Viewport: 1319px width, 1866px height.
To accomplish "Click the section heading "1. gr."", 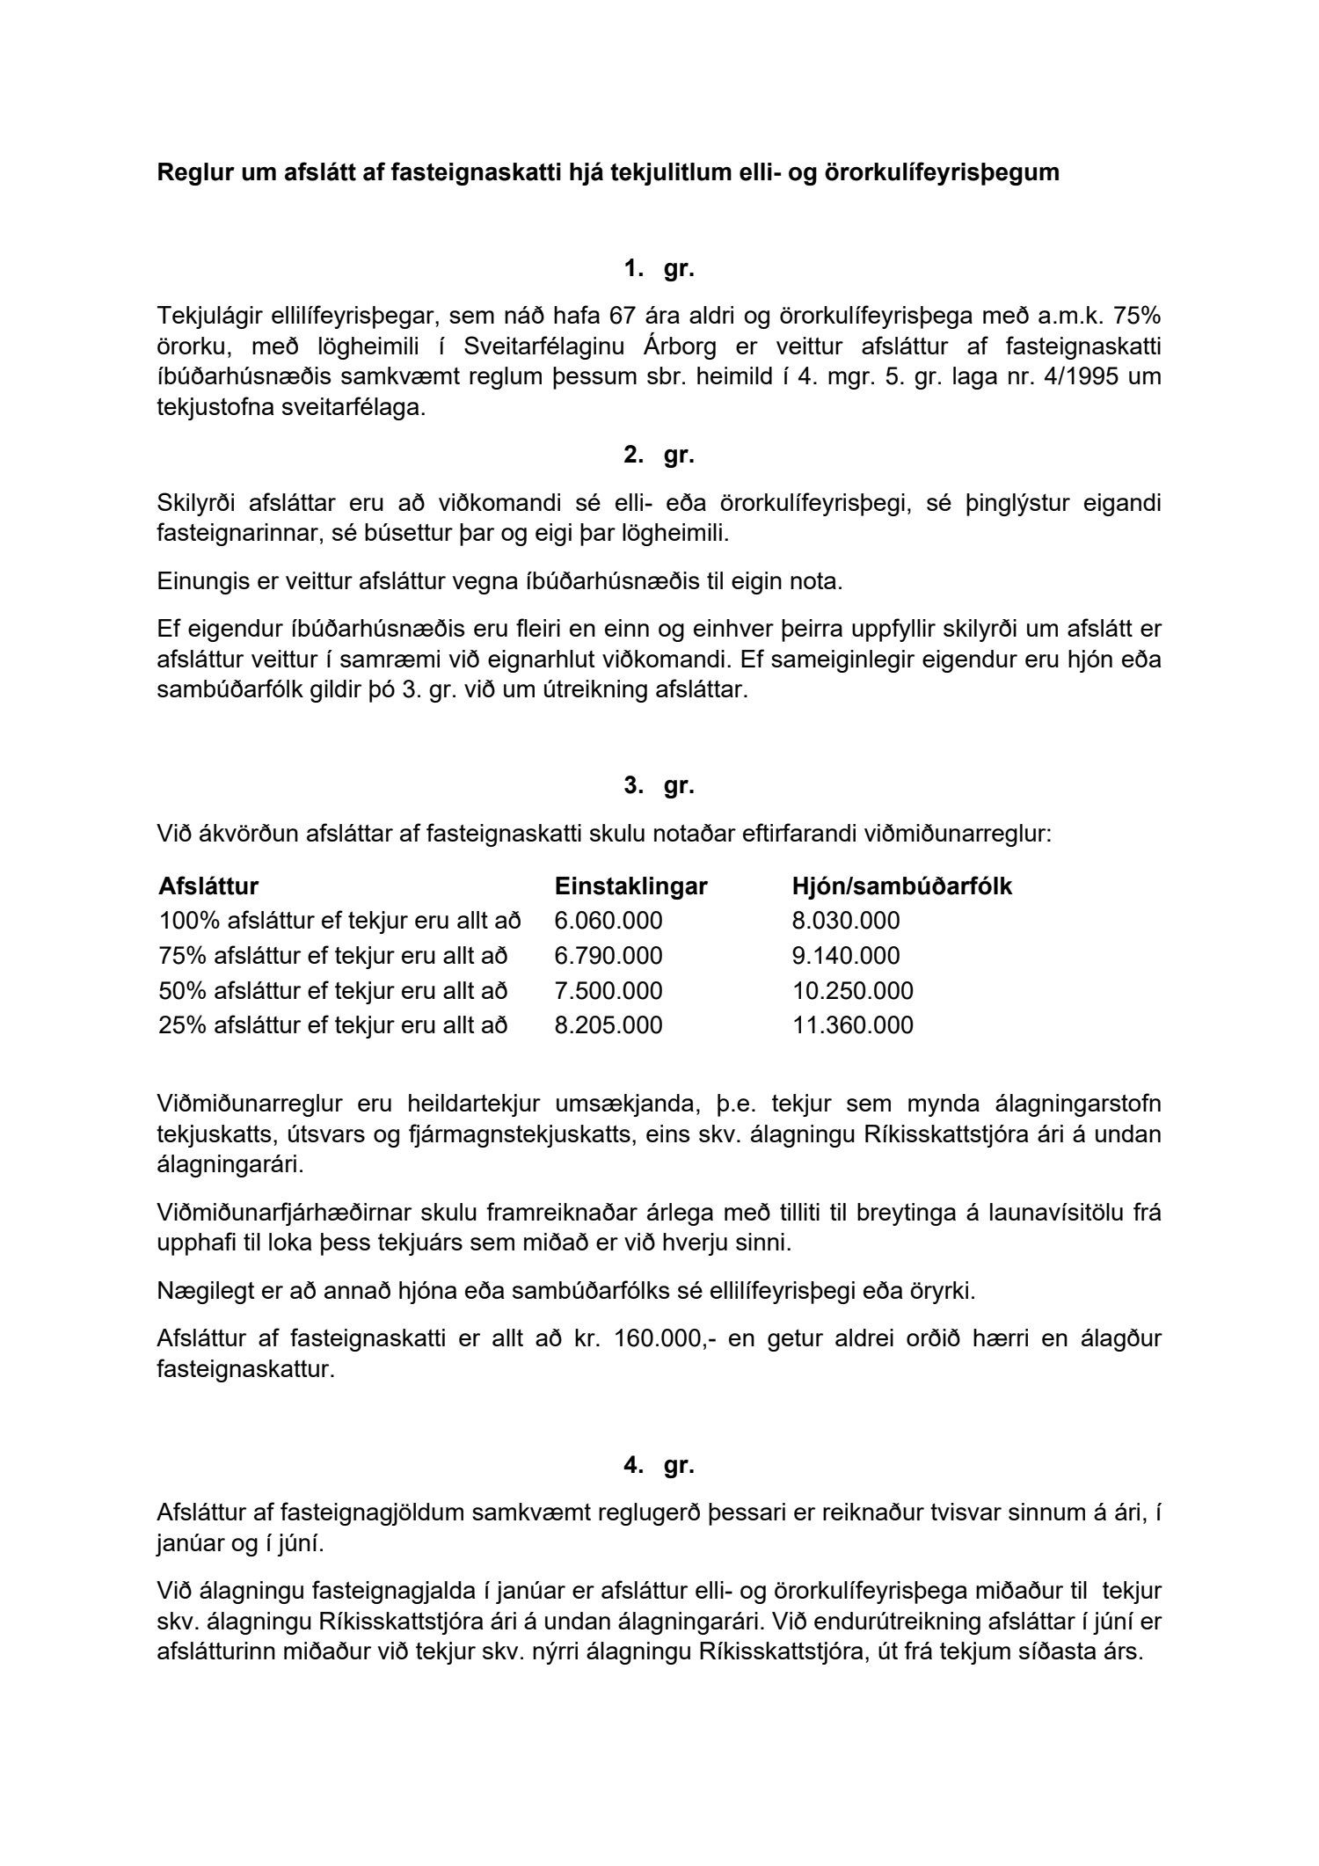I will (x=659, y=270).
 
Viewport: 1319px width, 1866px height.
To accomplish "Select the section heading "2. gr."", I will (x=659, y=456).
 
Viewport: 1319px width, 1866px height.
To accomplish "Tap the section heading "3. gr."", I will (x=659, y=786).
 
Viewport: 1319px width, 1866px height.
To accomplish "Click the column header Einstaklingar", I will (x=630, y=886).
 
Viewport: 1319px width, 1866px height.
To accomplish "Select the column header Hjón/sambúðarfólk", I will (x=901, y=886).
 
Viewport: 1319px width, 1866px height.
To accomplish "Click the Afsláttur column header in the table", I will (x=208, y=886).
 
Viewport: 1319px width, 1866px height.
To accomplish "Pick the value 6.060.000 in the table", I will (x=608, y=921).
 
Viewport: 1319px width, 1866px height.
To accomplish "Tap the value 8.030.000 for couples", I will (x=846, y=921).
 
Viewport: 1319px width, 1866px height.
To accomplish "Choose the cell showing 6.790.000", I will (x=608, y=956).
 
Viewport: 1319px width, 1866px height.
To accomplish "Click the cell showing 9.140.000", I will (x=846, y=956).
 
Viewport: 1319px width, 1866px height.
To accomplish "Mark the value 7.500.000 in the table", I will (x=608, y=991).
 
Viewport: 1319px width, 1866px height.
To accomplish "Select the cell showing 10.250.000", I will (x=852, y=991).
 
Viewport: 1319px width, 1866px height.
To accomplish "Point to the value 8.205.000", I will (x=608, y=1025).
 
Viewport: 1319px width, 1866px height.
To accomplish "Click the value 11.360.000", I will (x=852, y=1025).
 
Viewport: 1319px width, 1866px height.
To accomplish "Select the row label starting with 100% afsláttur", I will (x=339, y=921).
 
